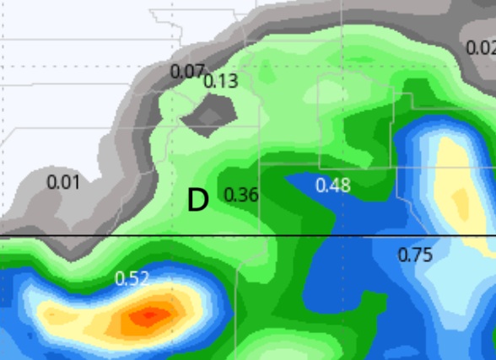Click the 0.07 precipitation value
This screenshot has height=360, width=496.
pyautogui.click(x=187, y=71)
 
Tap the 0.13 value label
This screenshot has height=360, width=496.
pyautogui.click(x=221, y=82)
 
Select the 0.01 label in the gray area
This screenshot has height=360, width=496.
pyautogui.click(x=63, y=181)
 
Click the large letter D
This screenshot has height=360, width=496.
pyautogui.click(x=197, y=201)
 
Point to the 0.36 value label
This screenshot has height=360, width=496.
pyautogui.click(x=241, y=195)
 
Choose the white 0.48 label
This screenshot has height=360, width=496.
pyautogui.click(x=333, y=185)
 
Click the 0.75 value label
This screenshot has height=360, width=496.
pyautogui.click(x=415, y=254)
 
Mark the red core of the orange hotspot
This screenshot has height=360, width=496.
pyautogui.click(x=149, y=315)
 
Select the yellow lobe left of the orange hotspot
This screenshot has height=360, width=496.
pyautogui.click(x=63, y=315)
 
